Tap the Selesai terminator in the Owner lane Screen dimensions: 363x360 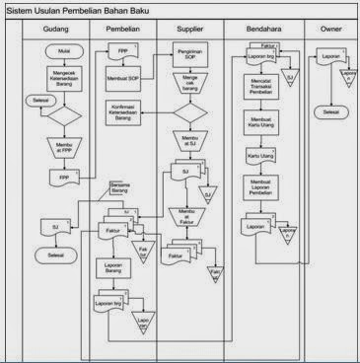coord(326,112)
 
